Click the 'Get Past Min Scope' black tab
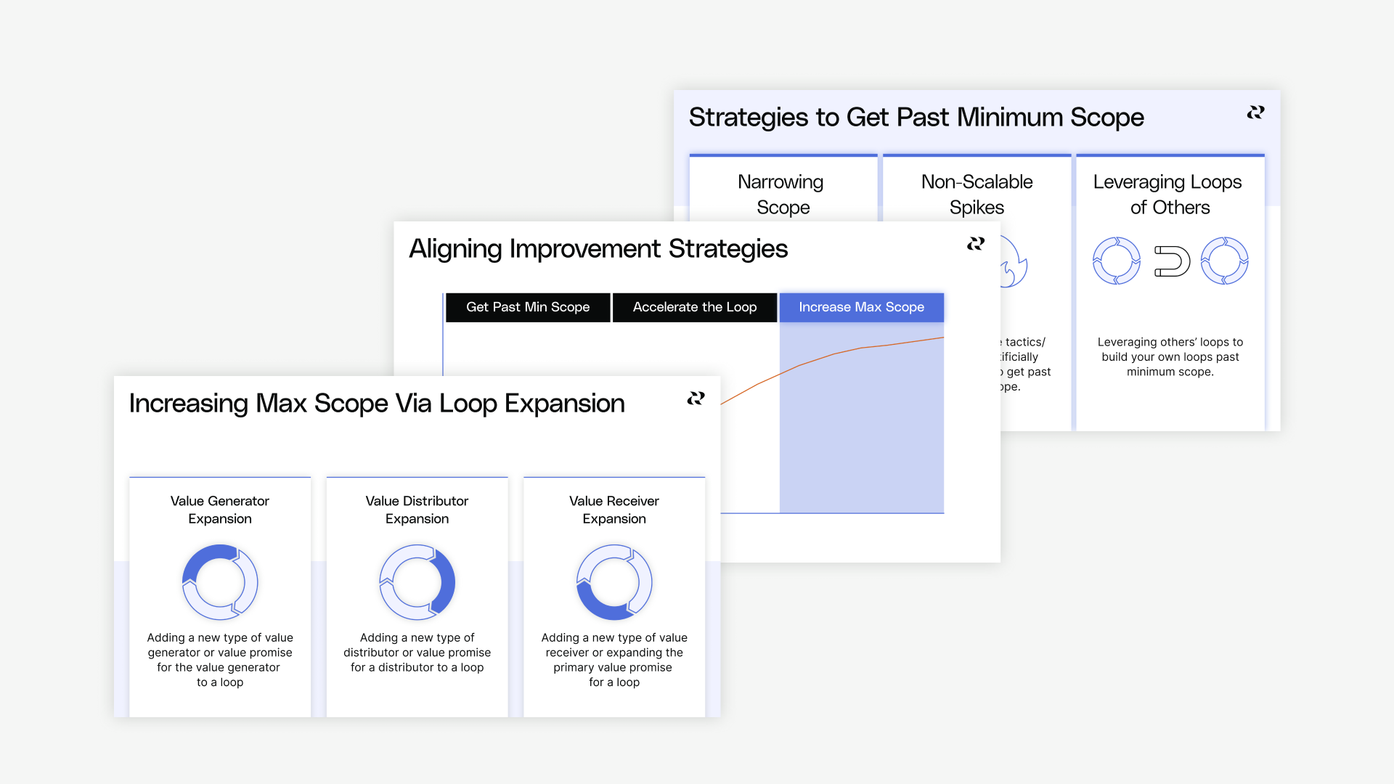[x=528, y=307]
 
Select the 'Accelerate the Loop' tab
[x=694, y=307]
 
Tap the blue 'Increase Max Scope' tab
[x=861, y=307]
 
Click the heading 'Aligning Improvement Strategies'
[x=598, y=249]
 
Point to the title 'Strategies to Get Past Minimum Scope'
[x=916, y=118]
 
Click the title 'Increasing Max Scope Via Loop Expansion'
[x=377, y=404]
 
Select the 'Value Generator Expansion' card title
[x=220, y=510]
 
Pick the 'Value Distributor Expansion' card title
[x=417, y=510]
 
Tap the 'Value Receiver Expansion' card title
[x=614, y=510]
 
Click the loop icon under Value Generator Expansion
[x=220, y=582]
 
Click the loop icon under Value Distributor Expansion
[x=417, y=582]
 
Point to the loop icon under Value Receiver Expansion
[x=614, y=582]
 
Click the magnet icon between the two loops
[x=1172, y=261]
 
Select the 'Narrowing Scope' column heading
[x=782, y=195]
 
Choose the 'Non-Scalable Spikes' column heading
[x=977, y=195]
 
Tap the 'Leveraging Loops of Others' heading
[x=1169, y=195]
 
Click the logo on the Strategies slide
[x=1255, y=113]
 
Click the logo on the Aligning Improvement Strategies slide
[x=976, y=244]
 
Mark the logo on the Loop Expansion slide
[x=696, y=399]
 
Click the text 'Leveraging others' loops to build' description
[x=1170, y=356]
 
